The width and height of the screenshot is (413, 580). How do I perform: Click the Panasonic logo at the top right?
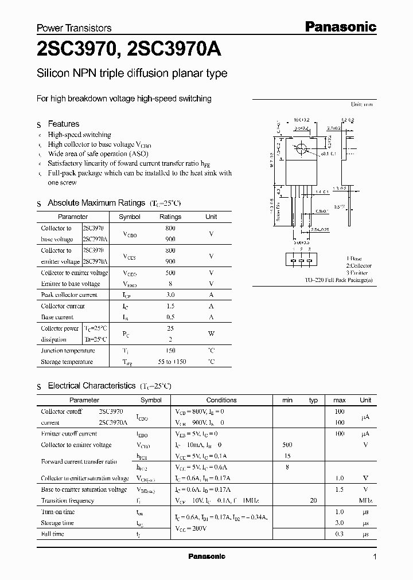pos(340,26)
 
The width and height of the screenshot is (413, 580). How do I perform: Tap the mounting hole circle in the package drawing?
pos(301,150)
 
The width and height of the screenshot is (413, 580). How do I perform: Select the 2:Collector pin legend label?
pos(359,266)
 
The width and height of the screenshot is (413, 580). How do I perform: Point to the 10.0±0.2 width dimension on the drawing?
pos(302,120)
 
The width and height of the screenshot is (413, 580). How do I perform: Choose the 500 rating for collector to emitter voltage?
pos(170,273)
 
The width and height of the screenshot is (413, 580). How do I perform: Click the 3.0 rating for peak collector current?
pos(170,295)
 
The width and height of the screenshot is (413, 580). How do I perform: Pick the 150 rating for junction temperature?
pos(170,351)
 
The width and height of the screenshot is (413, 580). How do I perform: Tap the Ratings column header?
pos(170,217)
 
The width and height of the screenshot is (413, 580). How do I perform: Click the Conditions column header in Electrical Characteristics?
pos(221,400)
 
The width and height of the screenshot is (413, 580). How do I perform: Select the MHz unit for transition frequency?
pos(365,500)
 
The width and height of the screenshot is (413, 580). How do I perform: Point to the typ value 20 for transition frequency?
pos(313,500)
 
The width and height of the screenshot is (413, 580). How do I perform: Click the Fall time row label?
pos(53,534)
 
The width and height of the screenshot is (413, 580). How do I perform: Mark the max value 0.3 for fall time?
pos(339,534)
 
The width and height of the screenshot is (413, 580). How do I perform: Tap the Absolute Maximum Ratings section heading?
pos(96,203)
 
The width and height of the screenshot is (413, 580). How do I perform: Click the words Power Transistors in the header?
pos(74,28)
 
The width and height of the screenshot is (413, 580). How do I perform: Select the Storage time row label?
pos(57,523)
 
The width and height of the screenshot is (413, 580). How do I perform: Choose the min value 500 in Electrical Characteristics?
pos(287,445)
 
